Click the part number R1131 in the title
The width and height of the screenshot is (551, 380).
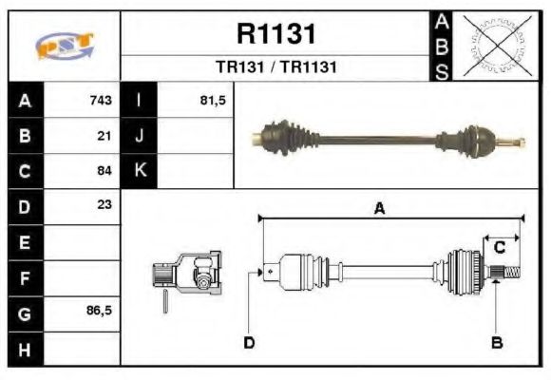coord(275,34)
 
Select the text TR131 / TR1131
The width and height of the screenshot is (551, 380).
coord(275,67)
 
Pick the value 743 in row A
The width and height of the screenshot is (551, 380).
coord(101,101)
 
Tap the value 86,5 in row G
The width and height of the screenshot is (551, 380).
coord(99,312)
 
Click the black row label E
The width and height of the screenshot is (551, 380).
coord(25,242)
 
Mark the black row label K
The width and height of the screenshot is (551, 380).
coord(140,171)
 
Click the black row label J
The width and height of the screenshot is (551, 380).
coord(140,136)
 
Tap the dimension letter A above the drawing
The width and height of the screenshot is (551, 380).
coord(379,209)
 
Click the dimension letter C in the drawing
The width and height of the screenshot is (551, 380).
coord(499,248)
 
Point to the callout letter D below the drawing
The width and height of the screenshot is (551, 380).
coord(249,342)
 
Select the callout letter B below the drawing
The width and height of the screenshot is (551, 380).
coord(496,342)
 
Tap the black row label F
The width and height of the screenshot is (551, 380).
coord(25,277)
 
